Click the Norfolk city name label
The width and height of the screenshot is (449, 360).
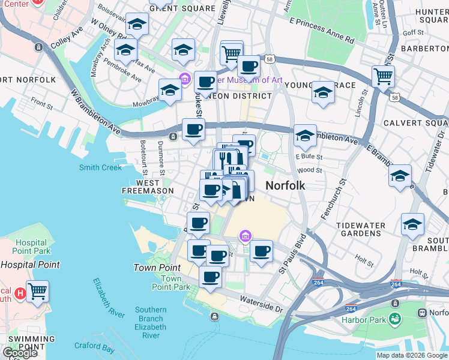click(x=285, y=185)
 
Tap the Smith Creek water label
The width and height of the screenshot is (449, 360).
click(x=100, y=167)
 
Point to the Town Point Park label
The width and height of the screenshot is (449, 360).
click(x=171, y=283)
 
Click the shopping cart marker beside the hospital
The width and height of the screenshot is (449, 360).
click(x=37, y=292)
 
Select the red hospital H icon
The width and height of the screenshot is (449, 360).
click(x=20, y=293)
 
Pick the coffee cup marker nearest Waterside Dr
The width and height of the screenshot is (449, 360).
click(x=210, y=277)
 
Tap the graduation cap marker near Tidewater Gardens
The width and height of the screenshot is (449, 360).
click(x=412, y=224)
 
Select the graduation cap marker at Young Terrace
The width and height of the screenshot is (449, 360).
click(x=323, y=92)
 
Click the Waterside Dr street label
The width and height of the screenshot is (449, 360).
click(x=261, y=302)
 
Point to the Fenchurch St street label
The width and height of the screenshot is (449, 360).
click(x=334, y=198)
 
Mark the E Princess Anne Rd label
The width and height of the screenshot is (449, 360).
click(x=321, y=30)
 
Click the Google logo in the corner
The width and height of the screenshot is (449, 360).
click(x=20, y=352)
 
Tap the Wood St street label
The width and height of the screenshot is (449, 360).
click(x=310, y=170)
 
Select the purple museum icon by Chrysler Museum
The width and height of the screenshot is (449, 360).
click(x=185, y=79)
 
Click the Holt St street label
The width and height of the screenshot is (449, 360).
click(x=364, y=259)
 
